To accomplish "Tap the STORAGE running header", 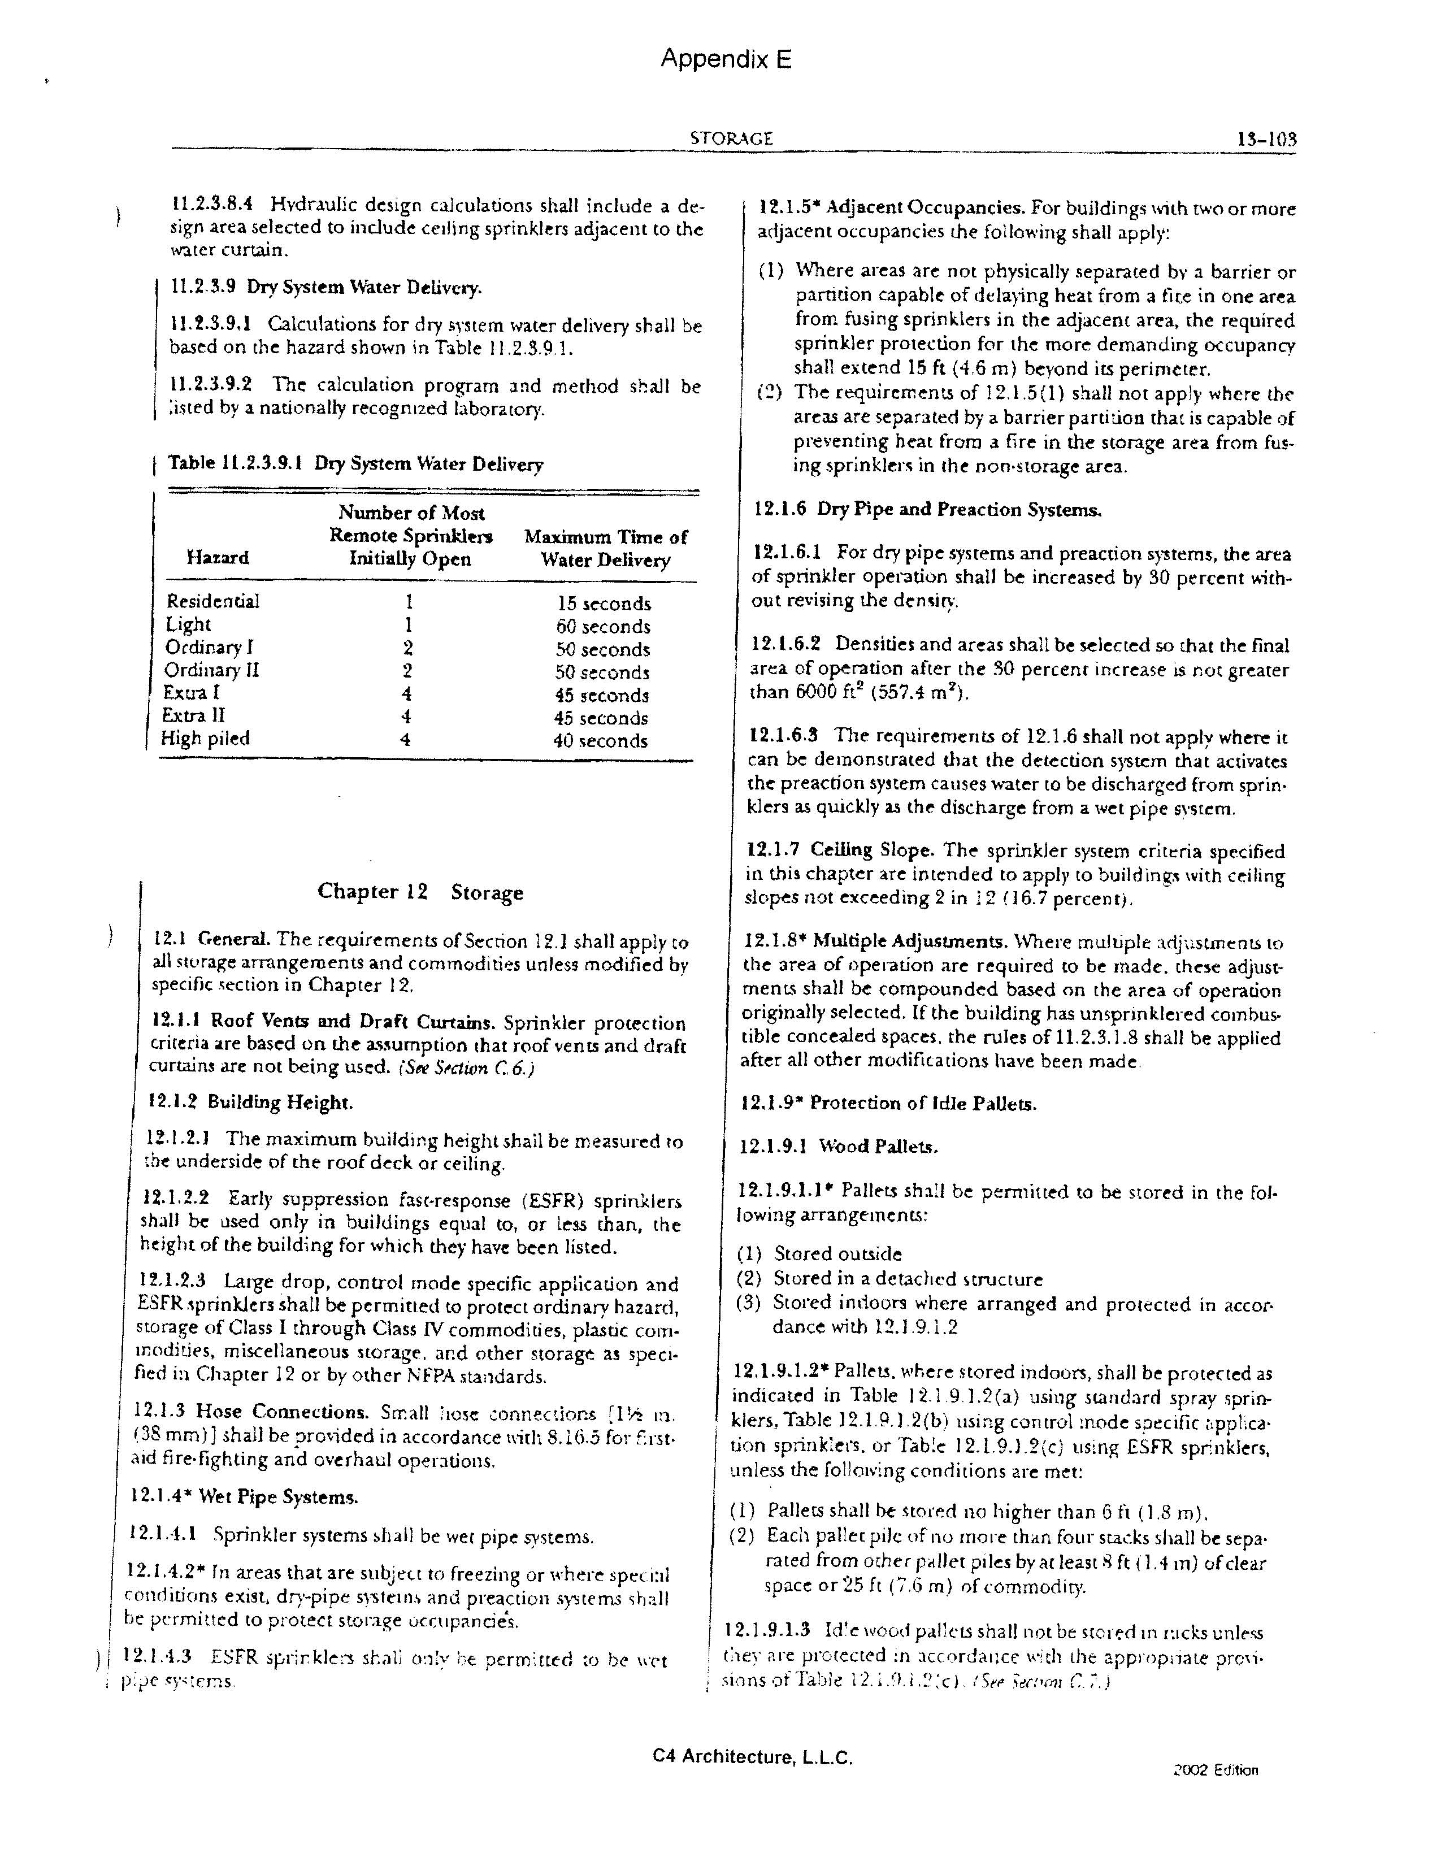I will [731, 138].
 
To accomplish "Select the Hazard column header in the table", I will [218, 558].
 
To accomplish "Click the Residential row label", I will [212, 601].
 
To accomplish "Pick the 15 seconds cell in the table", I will [604, 604].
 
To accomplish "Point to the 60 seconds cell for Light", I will [603, 627].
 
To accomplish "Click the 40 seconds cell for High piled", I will [600, 741].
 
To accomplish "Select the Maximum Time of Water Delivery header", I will [605, 548].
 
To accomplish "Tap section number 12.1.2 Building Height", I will [250, 1103].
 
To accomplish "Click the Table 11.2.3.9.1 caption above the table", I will [355, 464].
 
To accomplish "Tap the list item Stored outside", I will [836, 1253].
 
